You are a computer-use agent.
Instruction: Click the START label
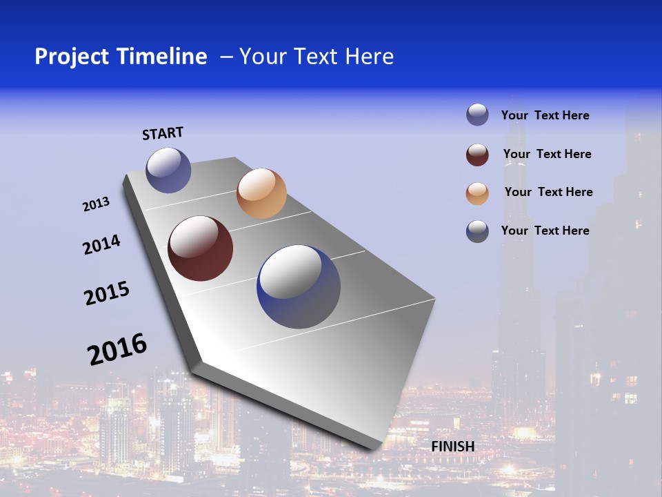[163, 133]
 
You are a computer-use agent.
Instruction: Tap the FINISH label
[453, 447]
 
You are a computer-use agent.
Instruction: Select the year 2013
[96, 204]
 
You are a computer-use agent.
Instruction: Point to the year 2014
[101, 245]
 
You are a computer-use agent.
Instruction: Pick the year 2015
[106, 293]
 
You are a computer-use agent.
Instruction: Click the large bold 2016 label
[117, 349]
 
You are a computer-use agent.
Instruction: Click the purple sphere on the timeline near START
[168, 170]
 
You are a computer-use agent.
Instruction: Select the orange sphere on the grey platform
[261, 193]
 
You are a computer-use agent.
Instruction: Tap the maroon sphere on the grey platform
[200, 248]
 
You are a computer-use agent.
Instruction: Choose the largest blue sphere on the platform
[299, 286]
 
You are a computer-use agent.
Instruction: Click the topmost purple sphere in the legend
[477, 115]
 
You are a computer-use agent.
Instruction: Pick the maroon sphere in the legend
[477, 155]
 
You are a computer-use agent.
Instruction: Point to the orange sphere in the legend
[477, 193]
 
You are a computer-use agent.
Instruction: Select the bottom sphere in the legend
[477, 231]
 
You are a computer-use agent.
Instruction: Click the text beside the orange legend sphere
[548, 192]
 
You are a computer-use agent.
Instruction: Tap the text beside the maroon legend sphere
[547, 154]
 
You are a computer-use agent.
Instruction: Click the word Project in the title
[72, 57]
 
